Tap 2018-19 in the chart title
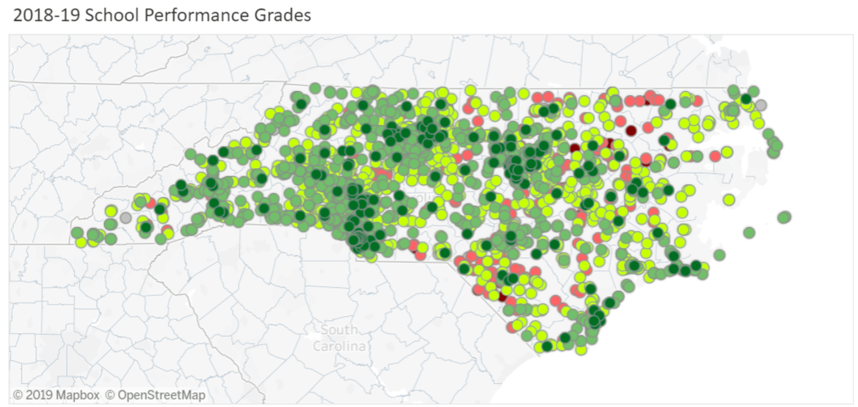(46, 15)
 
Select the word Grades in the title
(282, 15)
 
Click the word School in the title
(112, 15)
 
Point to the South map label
(339, 330)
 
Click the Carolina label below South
(339, 346)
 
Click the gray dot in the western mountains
(126, 218)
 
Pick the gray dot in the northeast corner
(761, 105)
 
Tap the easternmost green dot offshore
(784, 217)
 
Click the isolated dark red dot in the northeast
(631, 131)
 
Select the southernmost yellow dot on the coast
(580, 350)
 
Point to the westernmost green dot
(77, 232)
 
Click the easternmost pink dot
(715, 156)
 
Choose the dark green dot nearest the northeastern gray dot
(746, 99)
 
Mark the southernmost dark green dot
(547, 346)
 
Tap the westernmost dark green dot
(146, 227)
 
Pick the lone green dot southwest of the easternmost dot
(749, 233)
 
